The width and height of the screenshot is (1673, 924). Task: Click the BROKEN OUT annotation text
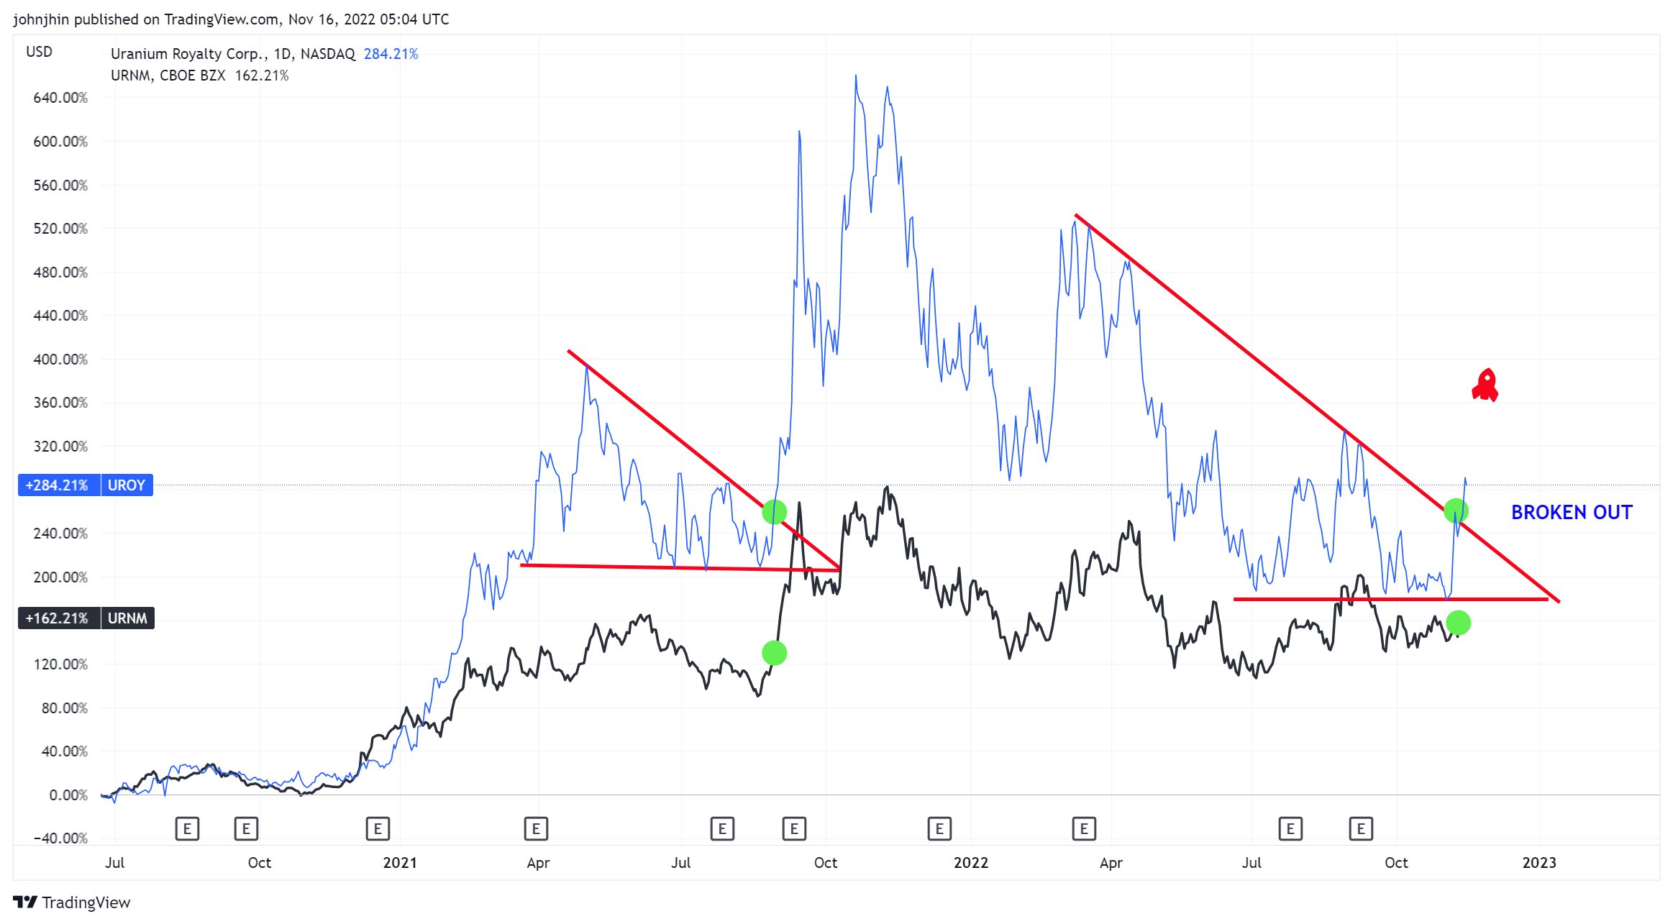click(x=1571, y=512)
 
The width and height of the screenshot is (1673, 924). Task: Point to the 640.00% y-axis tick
click(x=60, y=98)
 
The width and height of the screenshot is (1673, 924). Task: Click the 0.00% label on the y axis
click(x=68, y=795)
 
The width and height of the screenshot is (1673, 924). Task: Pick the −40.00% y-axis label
click(x=60, y=838)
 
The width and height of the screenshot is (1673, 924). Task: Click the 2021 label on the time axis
click(x=400, y=862)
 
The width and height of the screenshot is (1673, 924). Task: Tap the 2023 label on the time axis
click(x=1538, y=862)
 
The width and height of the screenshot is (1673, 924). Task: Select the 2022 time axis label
click(x=970, y=862)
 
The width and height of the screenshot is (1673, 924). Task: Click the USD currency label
click(x=39, y=52)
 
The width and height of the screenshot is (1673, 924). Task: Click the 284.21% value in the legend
click(x=391, y=54)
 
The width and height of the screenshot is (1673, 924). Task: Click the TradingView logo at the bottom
click(x=72, y=902)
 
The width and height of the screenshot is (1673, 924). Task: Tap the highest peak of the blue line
click(x=855, y=76)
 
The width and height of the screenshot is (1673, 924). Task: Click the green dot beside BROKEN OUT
click(x=1455, y=511)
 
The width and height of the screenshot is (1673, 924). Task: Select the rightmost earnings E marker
click(x=1360, y=828)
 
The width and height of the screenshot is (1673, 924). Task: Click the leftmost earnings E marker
click(x=187, y=828)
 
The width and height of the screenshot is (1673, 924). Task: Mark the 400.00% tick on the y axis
click(x=60, y=359)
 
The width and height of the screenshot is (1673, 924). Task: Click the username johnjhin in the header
click(x=41, y=19)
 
